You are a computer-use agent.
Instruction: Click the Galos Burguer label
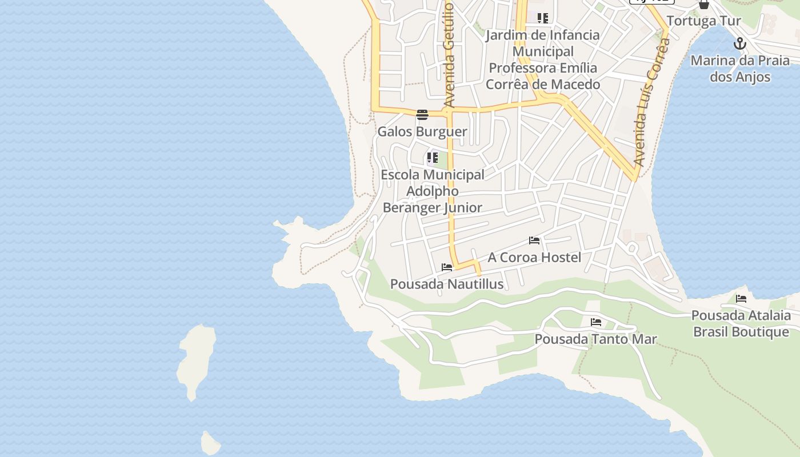[x=422, y=131]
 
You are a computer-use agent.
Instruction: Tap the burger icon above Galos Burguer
[x=422, y=115]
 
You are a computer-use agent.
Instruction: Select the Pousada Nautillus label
[x=447, y=284]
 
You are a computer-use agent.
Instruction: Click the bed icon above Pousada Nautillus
[x=447, y=267]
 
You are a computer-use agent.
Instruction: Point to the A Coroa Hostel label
[x=534, y=258]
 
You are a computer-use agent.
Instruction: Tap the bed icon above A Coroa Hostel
[x=534, y=240]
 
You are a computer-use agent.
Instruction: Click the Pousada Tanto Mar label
[x=595, y=339]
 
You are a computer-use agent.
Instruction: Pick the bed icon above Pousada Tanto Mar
[x=596, y=322]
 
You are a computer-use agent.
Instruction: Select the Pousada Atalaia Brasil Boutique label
[x=741, y=323]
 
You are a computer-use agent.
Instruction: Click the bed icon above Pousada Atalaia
[x=741, y=298]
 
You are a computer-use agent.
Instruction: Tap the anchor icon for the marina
[x=740, y=43]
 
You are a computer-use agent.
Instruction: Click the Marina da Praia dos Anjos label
[x=740, y=69]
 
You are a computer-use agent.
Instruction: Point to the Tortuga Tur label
[x=703, y=21]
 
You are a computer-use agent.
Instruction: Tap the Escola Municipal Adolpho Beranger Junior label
[x=433, y=191]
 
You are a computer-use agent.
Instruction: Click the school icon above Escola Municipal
[x=433, y=157]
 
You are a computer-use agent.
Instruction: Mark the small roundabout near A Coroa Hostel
[x=632, y=248]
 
